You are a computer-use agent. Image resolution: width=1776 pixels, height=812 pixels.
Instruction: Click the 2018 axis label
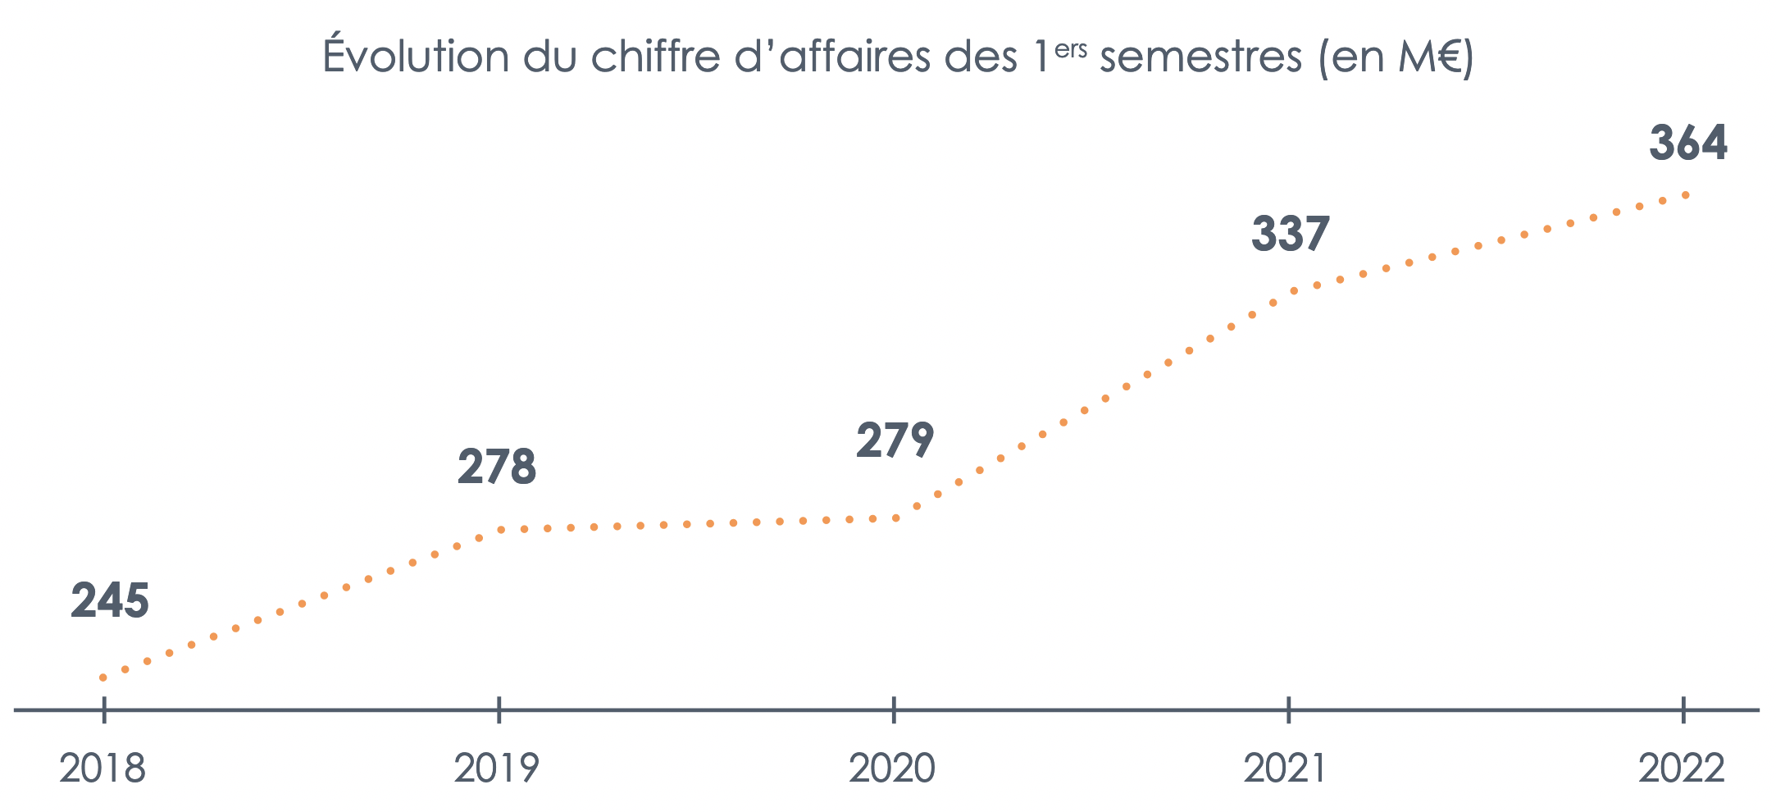(102, 769)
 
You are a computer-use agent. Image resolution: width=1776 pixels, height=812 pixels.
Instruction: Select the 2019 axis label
(497, 769)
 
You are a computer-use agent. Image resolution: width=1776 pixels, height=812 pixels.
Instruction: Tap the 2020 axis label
(892, 769)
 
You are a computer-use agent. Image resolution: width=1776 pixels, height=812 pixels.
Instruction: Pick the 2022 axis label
(1682, 769)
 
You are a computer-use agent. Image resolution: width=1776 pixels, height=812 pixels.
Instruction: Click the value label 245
(110, 601)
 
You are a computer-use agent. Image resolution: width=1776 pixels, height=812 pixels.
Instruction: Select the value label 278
(497, 468)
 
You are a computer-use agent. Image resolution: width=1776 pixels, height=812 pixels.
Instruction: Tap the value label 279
(895, 440)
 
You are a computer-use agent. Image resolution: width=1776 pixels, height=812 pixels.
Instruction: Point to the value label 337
(1290, 234)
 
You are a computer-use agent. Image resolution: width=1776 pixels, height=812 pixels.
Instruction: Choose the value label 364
(1688, 143)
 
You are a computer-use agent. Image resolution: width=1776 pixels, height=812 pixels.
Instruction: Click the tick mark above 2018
(104, 710)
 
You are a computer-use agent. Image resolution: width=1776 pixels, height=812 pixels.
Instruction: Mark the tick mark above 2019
(499, 710)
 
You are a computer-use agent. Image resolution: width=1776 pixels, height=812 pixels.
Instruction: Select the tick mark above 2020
(894, 710)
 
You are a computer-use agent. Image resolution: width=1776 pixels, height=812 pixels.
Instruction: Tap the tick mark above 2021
(1289, 710)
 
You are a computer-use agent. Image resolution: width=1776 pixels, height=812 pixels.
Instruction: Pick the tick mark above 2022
(1683, 710)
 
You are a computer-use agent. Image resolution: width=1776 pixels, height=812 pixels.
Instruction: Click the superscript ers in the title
(1071, 49)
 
